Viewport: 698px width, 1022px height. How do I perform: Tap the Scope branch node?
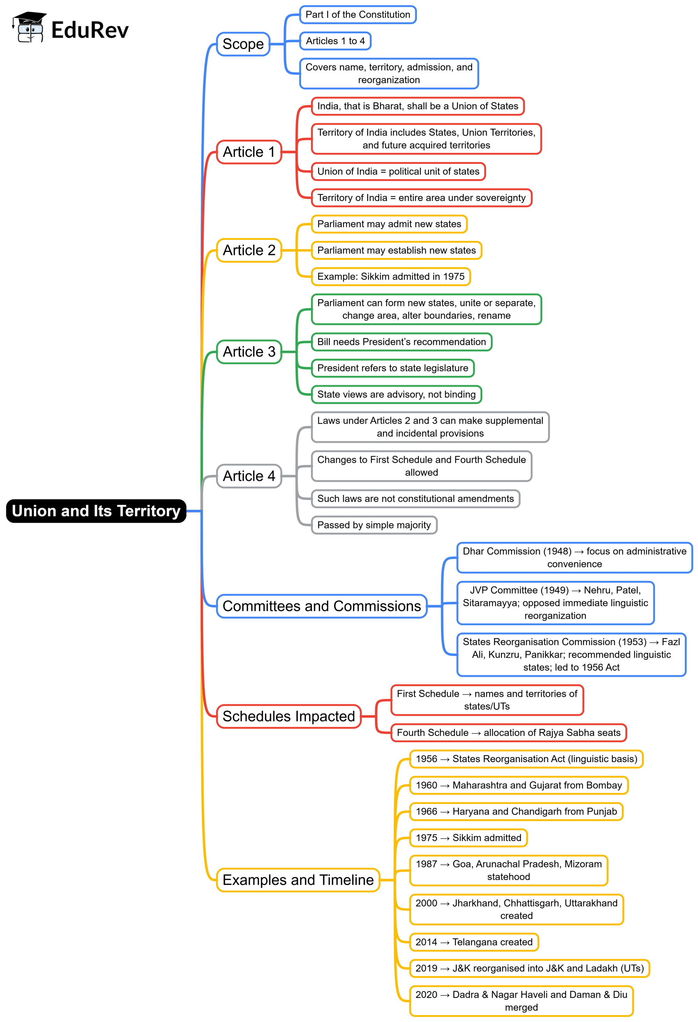coord(243,44)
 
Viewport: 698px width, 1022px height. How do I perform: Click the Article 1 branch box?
coord(249,152)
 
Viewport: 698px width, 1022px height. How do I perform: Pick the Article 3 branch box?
coord(249,351)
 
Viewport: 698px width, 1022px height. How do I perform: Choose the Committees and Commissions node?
coord(321,606)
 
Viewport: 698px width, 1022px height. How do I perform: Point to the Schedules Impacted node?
coord(288,716)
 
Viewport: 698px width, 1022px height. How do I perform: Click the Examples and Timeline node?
coord(298,880)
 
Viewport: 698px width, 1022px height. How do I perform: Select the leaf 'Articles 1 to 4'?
coord(335,41)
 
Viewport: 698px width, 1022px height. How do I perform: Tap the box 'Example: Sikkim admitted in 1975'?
coord(391,277)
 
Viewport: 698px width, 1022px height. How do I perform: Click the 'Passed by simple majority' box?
coord(374,525)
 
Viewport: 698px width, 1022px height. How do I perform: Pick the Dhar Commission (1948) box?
coord(574,557)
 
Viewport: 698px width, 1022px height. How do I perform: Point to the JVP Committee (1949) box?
coord(555,603)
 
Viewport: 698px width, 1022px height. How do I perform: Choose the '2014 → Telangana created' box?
coord(474,942)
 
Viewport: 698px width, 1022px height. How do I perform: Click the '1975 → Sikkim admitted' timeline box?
coord(468,838)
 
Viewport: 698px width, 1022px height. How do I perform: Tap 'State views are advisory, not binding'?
coord(396,394)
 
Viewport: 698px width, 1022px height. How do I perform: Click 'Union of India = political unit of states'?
coord(398,171)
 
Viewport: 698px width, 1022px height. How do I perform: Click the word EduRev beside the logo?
coord(90,30)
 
